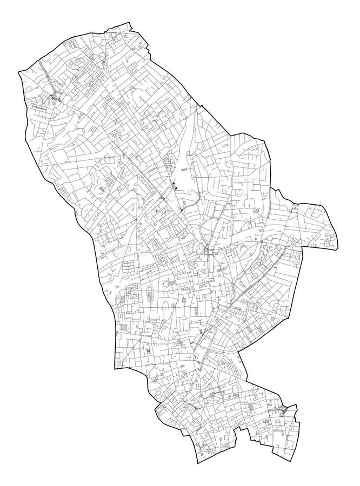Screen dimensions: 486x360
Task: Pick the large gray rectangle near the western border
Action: pos(125,328)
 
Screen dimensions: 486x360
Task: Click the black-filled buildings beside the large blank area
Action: pos(175,187)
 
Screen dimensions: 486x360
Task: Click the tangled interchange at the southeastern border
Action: pos(283,410)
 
